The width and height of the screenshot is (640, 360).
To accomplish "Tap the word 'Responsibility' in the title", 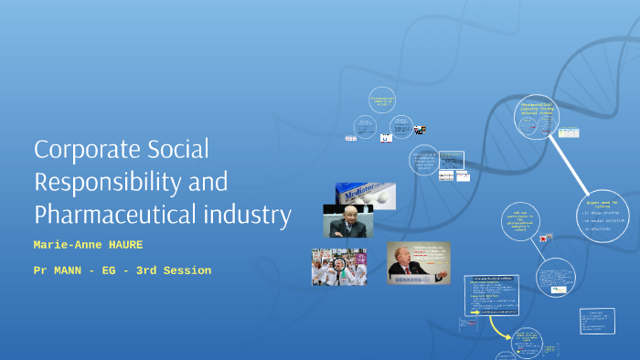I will [x=108, y=182].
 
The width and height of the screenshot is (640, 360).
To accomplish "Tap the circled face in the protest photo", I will [x=337, y=265].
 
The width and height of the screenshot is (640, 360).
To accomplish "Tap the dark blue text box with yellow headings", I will [x=496, y=292].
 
